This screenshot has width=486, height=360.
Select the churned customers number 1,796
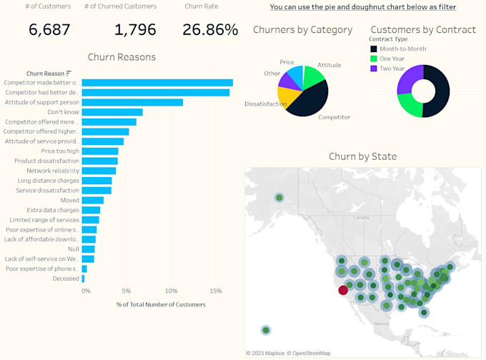coord(135,29)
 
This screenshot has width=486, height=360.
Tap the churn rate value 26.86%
coord(210,29)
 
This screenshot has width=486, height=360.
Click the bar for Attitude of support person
coord(132,102)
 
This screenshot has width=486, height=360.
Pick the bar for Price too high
coord(100,151)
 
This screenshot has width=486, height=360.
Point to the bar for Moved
coord(93,200)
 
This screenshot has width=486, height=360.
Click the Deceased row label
coord(66,279)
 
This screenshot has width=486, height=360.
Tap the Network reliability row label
coord(53,171)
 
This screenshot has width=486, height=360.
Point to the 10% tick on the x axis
coord(171,291)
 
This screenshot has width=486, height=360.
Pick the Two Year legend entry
coord(392,69)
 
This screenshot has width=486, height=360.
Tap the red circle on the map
coord(343,289)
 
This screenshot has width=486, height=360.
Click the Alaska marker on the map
coord(279,198)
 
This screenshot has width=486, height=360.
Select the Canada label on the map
coord(360,217)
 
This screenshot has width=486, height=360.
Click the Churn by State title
coord(362,156)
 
